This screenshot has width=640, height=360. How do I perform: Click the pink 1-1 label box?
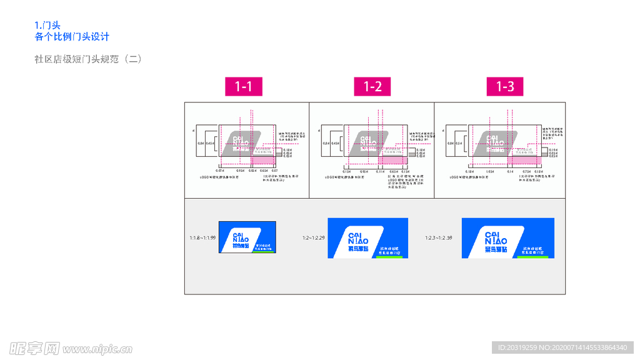[x=244, y=87]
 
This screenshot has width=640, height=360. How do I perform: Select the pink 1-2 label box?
[x=372, y=87]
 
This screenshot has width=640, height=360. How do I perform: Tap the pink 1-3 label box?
[x=505, y=87]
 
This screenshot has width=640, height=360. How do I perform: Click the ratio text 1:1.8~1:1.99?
[x=202, y=238]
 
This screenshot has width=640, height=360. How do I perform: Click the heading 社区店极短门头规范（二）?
[x=88, y=59]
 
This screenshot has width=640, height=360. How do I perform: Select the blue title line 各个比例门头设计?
[x=72, y=37]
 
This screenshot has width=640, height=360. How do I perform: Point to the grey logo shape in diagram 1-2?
[x=366, y=143]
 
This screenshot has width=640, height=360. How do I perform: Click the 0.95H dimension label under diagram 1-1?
[x=241, y=171]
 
